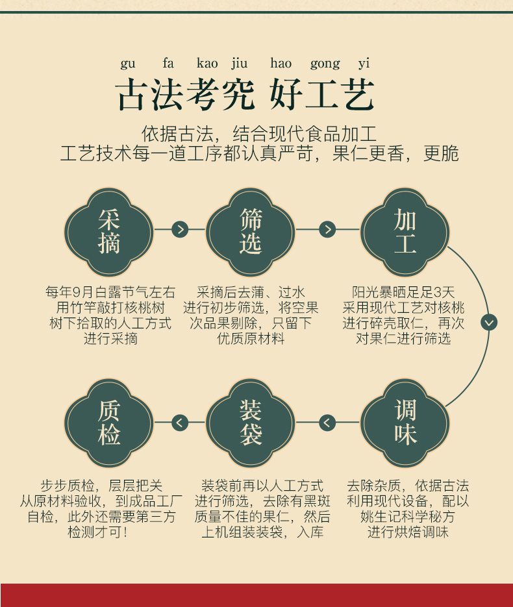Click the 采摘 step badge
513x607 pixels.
coord(109,232)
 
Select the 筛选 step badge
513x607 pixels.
coord(251,232)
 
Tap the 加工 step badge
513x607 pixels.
coord(405,232)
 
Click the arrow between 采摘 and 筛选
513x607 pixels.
coord(180,229)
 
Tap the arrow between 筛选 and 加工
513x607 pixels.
coord(328,229)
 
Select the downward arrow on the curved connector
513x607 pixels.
coord(489,322)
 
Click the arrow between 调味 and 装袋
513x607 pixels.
coord(328,423)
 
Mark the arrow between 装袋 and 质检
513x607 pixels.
coord(180,423)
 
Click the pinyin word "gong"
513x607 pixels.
coord(325,64)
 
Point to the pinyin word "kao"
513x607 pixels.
coord(207,64)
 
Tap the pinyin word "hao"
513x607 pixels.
coord(281,64)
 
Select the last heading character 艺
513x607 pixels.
coord(358,96)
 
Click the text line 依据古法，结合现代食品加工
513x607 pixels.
coord(259,134)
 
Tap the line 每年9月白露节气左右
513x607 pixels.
coord(110,292)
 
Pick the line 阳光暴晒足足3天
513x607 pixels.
coord(404,292)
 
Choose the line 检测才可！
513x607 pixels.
coord(97,532)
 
